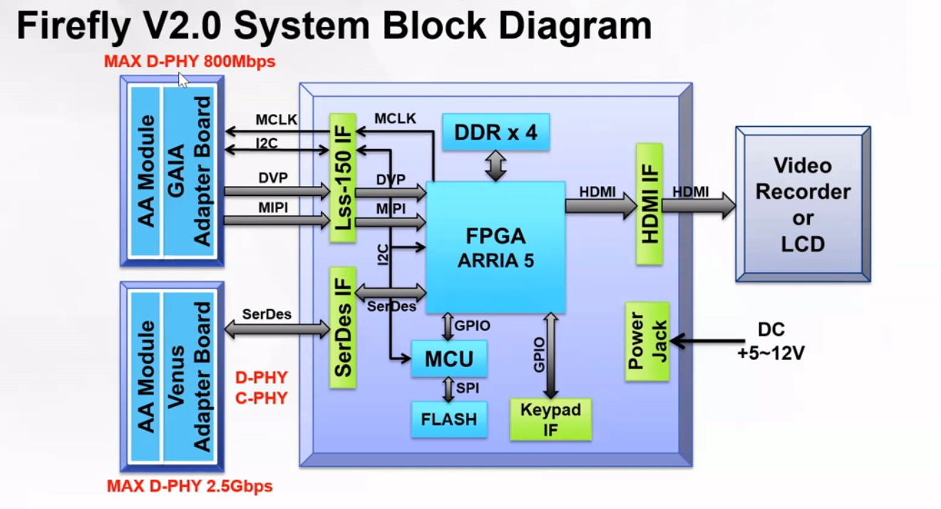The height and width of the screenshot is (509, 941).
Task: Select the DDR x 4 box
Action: [495, 132]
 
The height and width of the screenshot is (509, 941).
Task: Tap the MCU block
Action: [449, 359]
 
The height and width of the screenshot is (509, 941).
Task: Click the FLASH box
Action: [449, 419]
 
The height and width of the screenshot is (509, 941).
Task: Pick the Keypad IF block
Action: [550, 418]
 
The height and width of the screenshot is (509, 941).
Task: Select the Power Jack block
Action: [647, 341]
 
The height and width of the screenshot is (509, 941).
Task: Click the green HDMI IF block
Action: [649, 204]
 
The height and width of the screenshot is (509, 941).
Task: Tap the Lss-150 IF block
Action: [342, 178]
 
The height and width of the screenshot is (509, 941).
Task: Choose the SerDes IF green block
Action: [342, 328]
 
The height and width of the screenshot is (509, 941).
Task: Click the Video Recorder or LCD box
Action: [803, 205]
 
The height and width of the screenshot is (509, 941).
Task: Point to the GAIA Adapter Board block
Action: [189, 172]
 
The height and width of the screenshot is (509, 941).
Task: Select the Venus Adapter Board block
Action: [189, 376]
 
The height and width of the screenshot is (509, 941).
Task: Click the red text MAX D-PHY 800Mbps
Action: [190, 62]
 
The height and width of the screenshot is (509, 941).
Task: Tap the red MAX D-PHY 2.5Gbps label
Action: [190, 487]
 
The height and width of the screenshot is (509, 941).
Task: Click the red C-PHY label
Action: [261, 399]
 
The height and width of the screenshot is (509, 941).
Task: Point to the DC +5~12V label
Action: [771, 341]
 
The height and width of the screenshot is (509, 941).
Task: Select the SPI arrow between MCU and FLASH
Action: [448, 389]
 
